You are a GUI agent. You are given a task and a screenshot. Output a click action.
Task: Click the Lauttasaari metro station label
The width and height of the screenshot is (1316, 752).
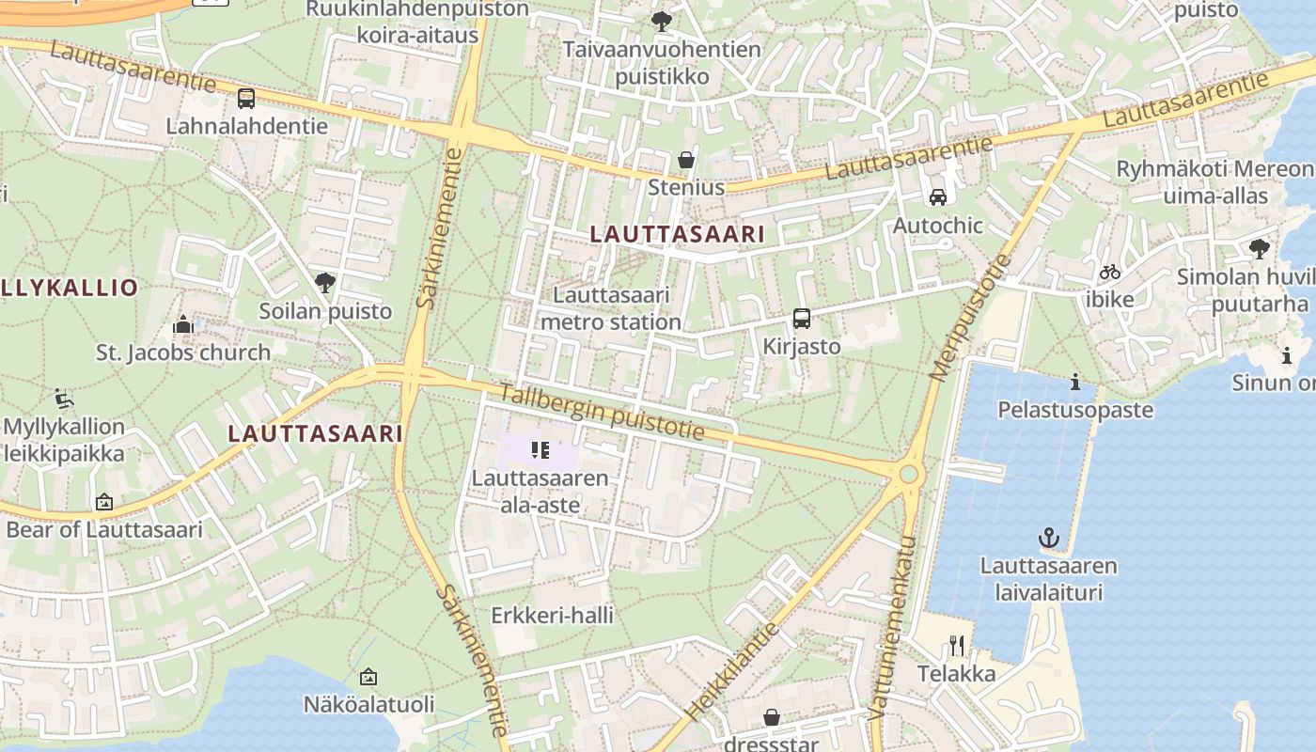pos(611,308)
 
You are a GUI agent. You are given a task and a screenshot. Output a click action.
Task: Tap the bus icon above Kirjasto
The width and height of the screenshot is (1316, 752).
pos(801,319)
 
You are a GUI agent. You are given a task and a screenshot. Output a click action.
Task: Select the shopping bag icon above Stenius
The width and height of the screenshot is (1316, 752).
pos(687,160)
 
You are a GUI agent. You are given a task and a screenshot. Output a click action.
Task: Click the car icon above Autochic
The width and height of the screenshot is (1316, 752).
pos(937,197)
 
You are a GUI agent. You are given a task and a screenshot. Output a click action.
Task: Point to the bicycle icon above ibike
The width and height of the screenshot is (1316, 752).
pos(1110,272)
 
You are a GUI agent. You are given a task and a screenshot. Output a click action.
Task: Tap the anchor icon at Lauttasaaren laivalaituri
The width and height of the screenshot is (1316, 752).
pos(1048,538)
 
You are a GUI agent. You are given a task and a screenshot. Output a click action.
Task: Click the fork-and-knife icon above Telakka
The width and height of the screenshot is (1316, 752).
pos(957,645)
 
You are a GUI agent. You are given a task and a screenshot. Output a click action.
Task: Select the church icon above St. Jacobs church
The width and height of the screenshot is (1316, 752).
pos(182,325)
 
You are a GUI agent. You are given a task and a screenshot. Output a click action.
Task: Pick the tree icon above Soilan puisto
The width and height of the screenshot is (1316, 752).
pos(325,282)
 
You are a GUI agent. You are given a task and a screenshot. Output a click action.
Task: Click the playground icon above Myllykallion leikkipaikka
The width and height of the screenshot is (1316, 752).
pos(64,399)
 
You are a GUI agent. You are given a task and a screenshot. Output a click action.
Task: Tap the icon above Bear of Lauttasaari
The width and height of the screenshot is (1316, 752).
pos(103,502)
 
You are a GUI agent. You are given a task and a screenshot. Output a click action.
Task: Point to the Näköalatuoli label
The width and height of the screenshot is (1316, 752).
pos(368,704)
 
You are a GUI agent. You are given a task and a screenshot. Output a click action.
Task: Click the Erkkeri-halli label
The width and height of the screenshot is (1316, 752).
pos(553,616)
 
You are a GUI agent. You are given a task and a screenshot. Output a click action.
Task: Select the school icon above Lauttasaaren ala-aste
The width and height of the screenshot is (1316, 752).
pos(540,451)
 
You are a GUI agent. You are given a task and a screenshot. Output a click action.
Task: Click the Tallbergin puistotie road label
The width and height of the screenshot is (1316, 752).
pos(601,412)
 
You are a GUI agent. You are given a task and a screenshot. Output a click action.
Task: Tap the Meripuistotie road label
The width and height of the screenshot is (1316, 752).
pos(968,317)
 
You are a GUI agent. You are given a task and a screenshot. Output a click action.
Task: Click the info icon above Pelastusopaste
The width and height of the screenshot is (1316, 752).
pos(1075,382)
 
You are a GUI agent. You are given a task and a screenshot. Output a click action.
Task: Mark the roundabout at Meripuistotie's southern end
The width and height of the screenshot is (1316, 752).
pos(908,474)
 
